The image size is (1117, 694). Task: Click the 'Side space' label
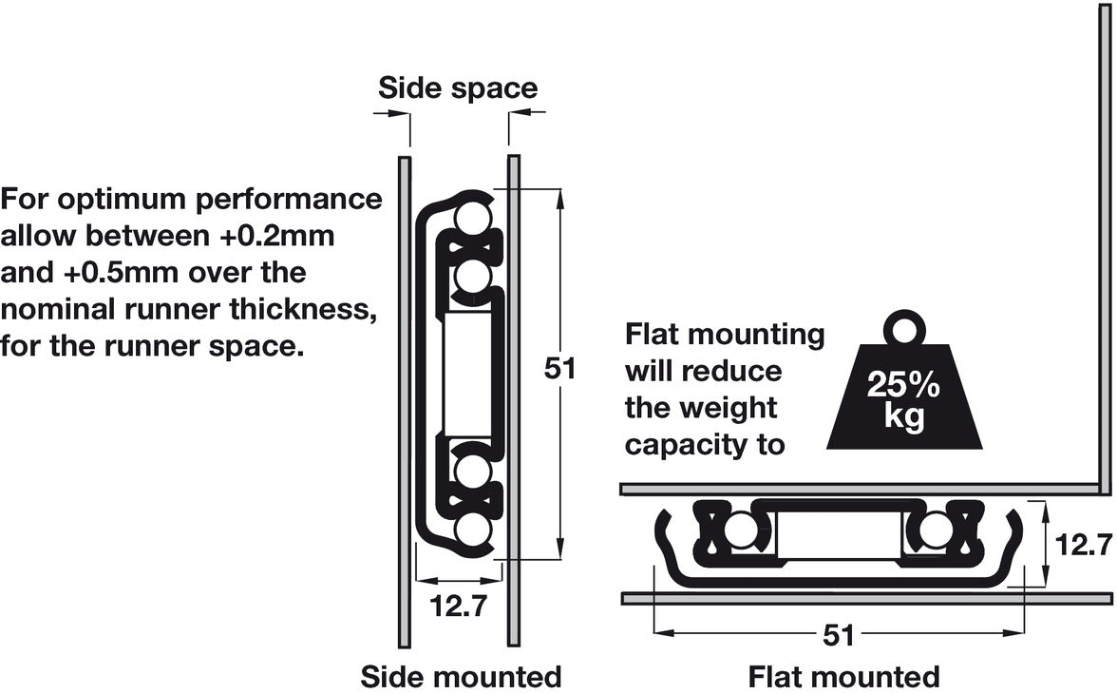[458, 88]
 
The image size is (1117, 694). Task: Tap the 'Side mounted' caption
[461, 677]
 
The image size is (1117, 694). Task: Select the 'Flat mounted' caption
[843, 677]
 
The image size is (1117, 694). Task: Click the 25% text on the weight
[903, 387]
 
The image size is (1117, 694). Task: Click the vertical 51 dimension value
[560, 369]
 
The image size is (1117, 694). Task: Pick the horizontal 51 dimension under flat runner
[839, 635]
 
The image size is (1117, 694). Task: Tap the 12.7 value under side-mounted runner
[459, 606]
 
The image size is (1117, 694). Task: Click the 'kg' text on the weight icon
[903, 417]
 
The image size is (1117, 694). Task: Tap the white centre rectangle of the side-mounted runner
[467, 373]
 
